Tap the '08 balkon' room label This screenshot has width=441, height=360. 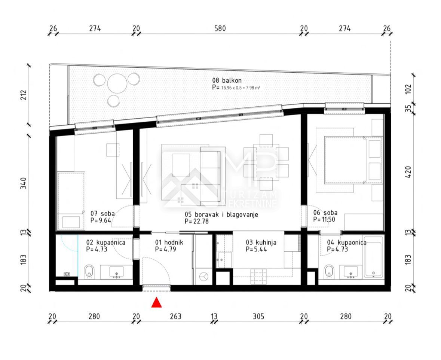[x=227, y=80]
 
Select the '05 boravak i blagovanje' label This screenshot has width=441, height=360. [x=221, y=215]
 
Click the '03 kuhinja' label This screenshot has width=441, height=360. [x=261, y=242]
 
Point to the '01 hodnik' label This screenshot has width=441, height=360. [x=169, y=242]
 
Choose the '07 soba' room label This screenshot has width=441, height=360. [x=102, y=213]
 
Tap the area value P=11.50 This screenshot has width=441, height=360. [x=324, y=220]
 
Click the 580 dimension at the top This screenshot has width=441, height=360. [x=220, y=28]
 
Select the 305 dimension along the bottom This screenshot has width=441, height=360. [x=258, y=316]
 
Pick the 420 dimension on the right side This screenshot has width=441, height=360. [x=408, y=172]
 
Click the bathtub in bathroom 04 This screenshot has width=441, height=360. [x=373, y=257]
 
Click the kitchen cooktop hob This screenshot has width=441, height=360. [x=258, y=277]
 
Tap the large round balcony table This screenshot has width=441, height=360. [x=117, y=83]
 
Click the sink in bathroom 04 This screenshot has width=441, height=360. [x=351, y=272]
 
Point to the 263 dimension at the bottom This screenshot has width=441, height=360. [x=176, y=316]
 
